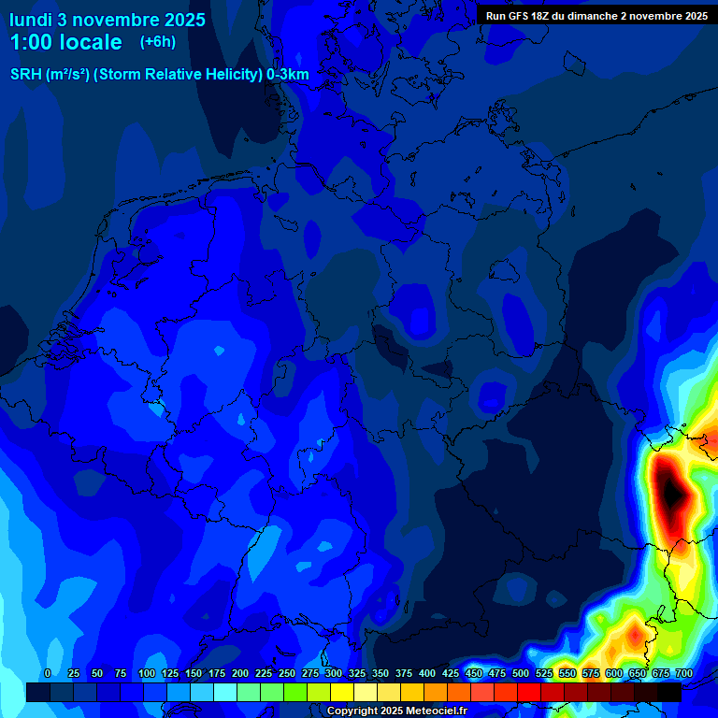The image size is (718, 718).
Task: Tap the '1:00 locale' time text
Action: (x=65, y=42)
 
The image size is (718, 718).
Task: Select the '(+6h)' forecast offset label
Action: (x=157, y=41)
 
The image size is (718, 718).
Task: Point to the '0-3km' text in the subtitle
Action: (x=288, y=75)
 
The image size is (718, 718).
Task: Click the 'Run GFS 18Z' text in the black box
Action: (x=518, y=16)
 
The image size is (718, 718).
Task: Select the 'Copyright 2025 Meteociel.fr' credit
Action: (x=396, y=711)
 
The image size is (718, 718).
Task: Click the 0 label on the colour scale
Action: (x=48, y=673)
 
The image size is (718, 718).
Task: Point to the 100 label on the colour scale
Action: (x=147, y=673)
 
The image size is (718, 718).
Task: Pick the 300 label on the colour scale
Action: (x=334, y=673)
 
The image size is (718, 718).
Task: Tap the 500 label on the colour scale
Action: (x=521, y=673)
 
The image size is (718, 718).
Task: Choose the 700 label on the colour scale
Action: (x=683, y=673)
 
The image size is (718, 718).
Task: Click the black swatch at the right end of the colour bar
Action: (x=669, y=692)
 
